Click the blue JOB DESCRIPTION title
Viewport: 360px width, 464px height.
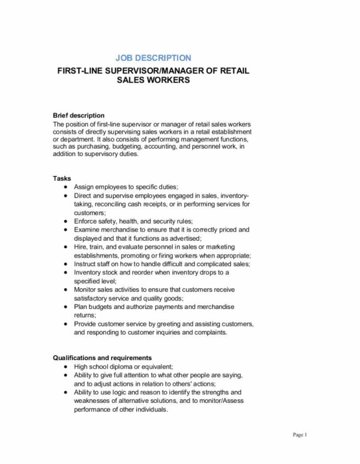[x=153, y=58]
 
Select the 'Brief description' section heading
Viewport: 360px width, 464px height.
[x=79, y=115]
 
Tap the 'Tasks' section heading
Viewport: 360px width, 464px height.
[x=62, y=178]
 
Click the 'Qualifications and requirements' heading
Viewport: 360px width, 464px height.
[x=102, y=358]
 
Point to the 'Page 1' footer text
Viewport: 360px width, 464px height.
[x=300, y=435]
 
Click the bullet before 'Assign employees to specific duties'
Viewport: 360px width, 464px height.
[x=66, y=187]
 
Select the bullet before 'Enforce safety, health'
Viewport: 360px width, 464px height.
[x=66, y=221]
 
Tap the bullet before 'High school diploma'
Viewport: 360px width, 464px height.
[x=66, y=367]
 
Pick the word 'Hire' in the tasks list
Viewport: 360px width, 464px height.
[x=80, y=247]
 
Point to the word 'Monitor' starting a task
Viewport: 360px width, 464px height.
[x=85, y=290]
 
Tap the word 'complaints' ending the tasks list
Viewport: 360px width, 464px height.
[x=211, y=332]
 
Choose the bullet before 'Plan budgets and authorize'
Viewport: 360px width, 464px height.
[x=66, y=307]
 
